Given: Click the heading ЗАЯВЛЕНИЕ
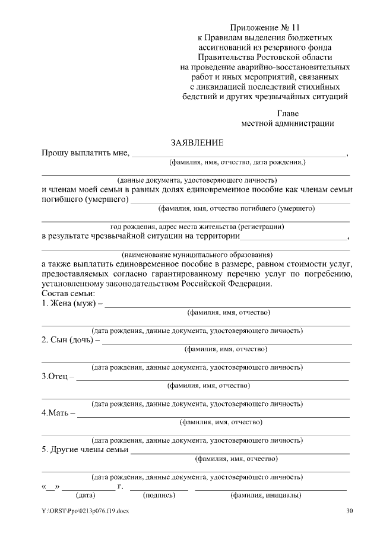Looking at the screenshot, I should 197,142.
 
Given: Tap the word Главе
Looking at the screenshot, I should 288,113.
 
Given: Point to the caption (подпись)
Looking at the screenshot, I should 159,495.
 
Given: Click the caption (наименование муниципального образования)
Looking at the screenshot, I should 197,254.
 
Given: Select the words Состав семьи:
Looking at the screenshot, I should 68,294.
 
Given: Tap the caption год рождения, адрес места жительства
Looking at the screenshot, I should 197,226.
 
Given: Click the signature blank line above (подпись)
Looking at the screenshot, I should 159,490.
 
